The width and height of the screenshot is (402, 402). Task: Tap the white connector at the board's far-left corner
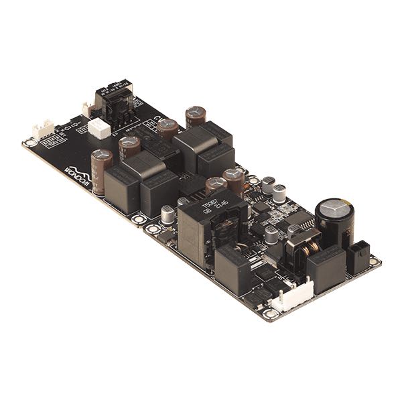[44, 130]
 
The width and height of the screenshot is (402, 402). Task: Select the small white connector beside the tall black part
[87, 109]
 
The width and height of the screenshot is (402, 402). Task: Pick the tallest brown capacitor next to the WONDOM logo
[101, 171]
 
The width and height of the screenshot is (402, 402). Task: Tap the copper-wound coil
[301, 249]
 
